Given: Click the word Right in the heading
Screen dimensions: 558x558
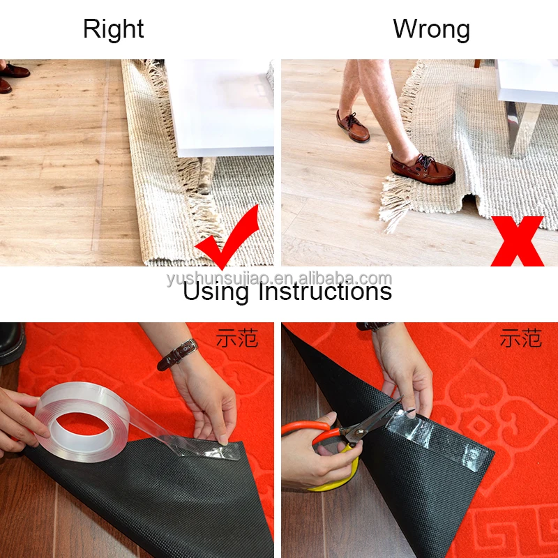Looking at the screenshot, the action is coord(114,29).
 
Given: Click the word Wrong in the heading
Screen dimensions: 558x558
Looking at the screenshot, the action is coord(431,29).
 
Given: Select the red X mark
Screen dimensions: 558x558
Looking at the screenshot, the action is coord(518,241).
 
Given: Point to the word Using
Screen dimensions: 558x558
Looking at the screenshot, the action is coord(216,292).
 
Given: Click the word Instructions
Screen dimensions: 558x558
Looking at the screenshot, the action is coord(325,290).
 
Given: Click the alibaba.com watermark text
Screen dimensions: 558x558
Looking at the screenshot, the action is coord(280,278).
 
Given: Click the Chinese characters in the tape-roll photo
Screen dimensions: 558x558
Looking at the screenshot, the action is coord(237,338).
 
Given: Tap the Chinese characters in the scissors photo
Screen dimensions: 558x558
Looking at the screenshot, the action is coord(521,338).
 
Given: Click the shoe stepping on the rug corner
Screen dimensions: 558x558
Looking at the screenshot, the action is coord(422,169).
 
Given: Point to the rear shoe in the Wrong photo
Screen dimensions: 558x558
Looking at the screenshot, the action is coord(353,127).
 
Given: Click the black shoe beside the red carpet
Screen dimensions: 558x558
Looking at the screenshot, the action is coord(11,343).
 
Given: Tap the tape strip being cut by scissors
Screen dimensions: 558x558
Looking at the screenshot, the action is coord(439,435).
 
